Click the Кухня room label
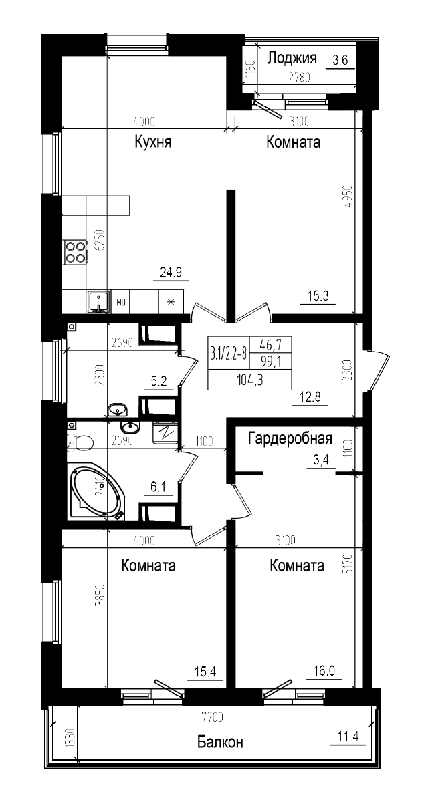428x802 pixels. (x=153, y=142)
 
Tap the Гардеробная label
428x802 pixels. (x=290, y=439)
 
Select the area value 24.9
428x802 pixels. (x=171, y=272)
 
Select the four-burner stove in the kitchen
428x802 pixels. (x=75, y=251)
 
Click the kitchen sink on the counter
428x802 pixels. (x=98, y=302)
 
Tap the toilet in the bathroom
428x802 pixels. (x=81, y=441)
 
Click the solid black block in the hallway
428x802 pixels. (x=249, y=363)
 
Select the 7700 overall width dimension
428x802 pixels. (x=212, y=718)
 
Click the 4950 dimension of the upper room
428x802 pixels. (x=346, y=198)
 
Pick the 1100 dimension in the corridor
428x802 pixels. (x=204, y=441)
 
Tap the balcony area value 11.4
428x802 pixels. (x=348, y=737)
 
